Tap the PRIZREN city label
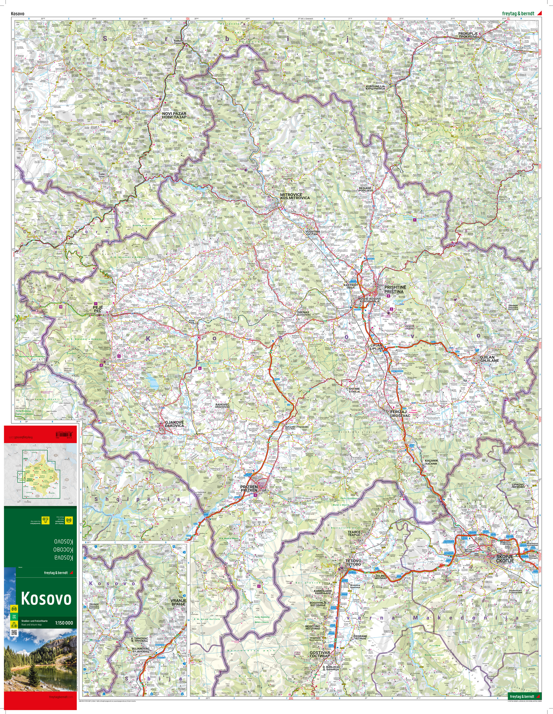point(249,489)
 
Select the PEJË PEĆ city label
point(98,309)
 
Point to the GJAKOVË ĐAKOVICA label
point(174,424)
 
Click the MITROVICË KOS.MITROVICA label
point(294,196)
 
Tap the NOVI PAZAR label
point(174,115)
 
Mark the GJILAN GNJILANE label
point(489,359)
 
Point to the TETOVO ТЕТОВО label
point(353,563)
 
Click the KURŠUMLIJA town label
point(375,87)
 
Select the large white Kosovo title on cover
point(46,598)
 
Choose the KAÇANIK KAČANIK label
point(431,462)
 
